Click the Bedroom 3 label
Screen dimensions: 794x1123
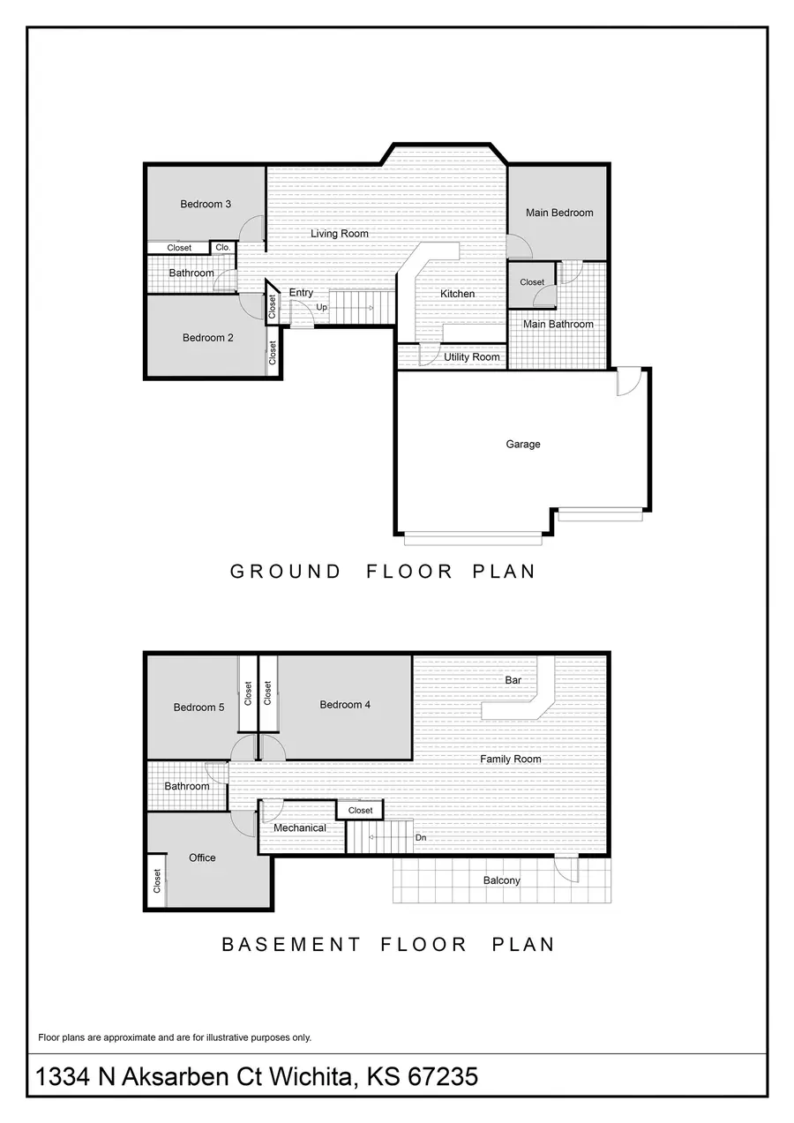pos(206,204)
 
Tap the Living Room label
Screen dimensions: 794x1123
pos(340,234)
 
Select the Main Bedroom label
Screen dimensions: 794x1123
pos(559,213)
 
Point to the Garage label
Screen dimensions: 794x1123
pos(523,445)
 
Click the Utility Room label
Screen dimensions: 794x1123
pos(472,357)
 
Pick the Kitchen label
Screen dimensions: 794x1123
pos(457,294)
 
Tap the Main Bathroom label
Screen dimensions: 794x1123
pos(558,325)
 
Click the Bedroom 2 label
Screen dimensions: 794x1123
pos(207,338)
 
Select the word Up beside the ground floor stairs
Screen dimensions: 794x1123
pos(321,307)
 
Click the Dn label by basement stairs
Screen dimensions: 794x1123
pos(421,838)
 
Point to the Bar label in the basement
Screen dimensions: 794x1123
pos(513,680)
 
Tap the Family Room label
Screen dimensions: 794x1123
pos(510,759)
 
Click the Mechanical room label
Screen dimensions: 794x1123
pos(299,827)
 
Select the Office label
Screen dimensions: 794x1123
pos(202,857)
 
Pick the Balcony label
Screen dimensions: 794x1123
pos(501,880)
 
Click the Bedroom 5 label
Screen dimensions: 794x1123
pos(198,707)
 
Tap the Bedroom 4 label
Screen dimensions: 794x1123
pos(345,704)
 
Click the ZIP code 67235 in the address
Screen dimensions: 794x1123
pos(443,1076)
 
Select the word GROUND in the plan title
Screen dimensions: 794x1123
pos(285,572)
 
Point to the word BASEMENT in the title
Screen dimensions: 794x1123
pos(291,945)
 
